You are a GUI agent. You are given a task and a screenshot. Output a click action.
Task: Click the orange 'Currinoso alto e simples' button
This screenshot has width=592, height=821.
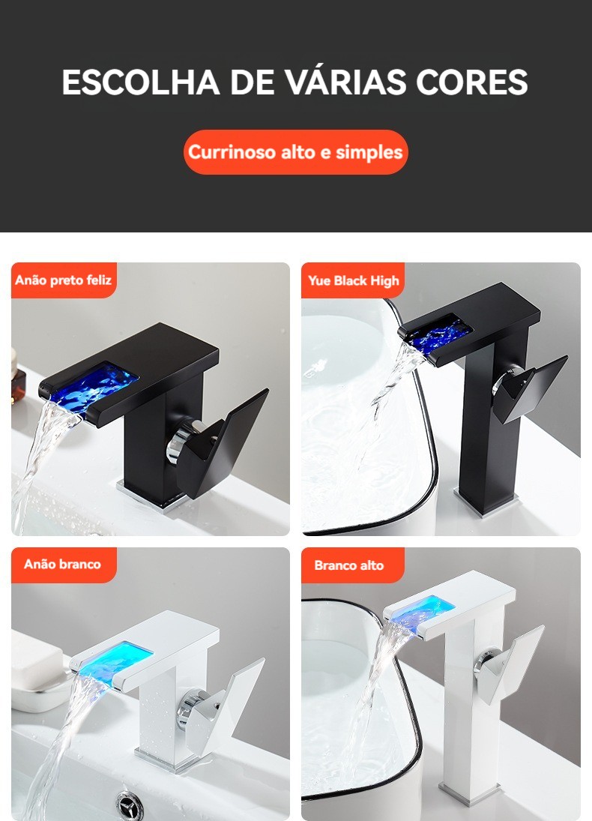296,152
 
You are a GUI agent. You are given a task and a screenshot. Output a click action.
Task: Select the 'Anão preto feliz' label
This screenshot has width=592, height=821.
64,280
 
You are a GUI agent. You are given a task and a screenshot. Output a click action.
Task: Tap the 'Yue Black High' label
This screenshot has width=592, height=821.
353,280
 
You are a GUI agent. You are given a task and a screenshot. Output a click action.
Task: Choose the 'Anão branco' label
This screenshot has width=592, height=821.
62,564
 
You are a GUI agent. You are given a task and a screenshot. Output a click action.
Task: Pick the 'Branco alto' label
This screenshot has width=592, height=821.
349,565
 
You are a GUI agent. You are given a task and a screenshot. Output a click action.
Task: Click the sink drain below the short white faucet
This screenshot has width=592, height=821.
129,806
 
